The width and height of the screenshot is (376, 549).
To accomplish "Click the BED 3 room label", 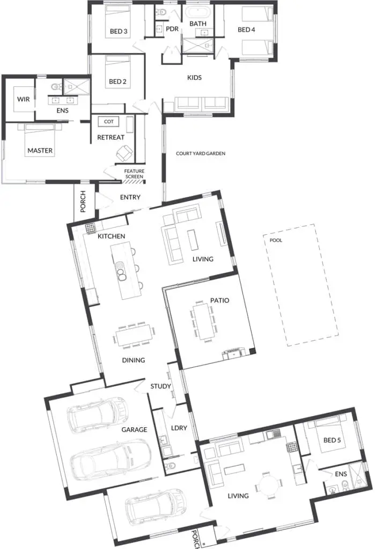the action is tap(119, 31).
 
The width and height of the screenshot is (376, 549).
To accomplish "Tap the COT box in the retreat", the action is tap(109, 122).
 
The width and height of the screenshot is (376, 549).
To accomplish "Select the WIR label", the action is tap(24, 99).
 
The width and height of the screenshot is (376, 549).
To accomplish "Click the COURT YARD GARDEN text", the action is tap(201, 153).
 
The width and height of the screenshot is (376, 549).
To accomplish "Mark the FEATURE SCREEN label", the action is tap(134, 174).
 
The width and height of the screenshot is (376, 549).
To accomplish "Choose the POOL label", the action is tap(276, 240).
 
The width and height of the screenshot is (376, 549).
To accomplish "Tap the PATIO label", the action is tap(220, 300).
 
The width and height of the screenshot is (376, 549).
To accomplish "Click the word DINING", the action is tap(134, 360).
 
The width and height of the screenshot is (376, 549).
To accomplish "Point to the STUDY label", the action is tap(160, 386).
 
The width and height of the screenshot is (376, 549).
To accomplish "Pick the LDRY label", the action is tap(179, 428).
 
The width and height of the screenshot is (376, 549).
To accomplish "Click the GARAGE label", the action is tap(134, 429).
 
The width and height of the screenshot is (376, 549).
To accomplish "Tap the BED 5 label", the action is tap(332, 440).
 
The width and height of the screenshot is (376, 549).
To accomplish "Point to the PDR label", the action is tap(172, 29).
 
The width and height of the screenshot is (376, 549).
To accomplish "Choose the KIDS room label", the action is tap(195, 77).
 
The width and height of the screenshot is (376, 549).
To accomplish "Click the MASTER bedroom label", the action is tap(40, 151).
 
